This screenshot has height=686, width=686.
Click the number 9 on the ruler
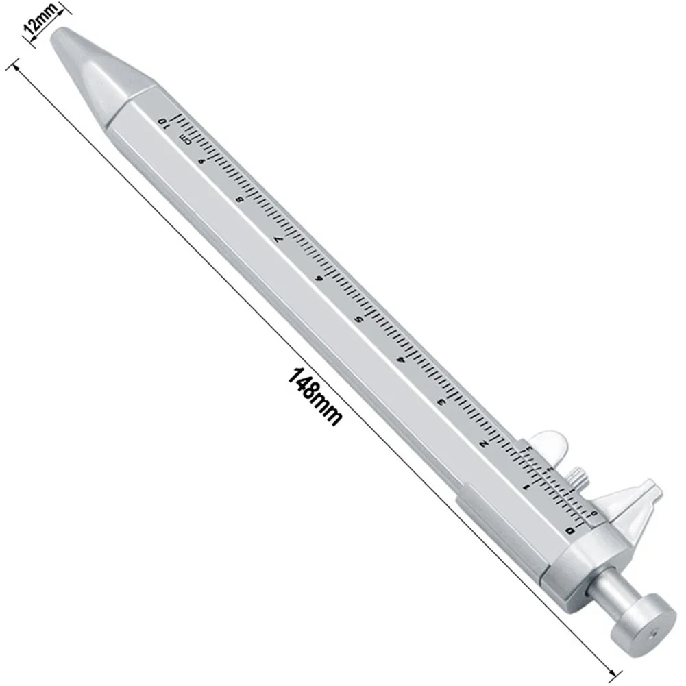point(201,160)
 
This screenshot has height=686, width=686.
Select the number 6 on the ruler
point(318,279)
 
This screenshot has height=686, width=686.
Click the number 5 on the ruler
point(358,319)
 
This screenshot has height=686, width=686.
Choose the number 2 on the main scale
point(484,443)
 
